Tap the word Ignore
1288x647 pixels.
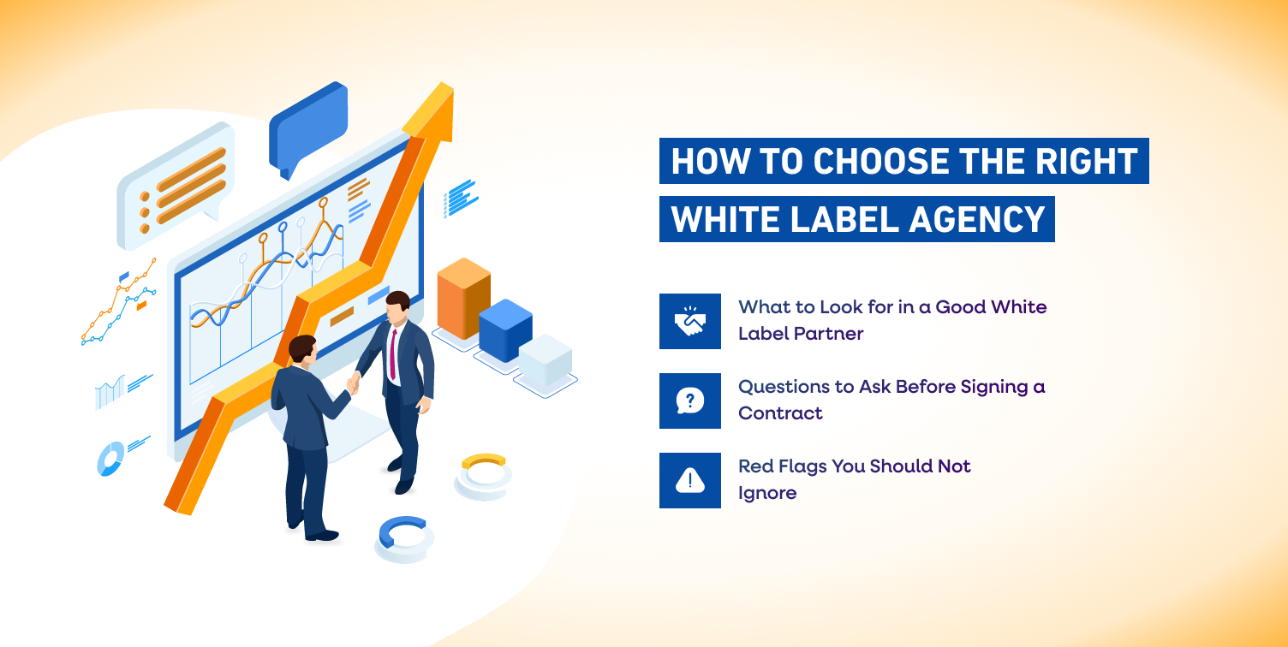click(x=767, y=492)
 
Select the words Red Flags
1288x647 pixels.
click(x=784, y=466)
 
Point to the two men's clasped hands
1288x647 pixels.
click(x=352, y=383)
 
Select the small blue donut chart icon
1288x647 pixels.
click(x=110, y=460)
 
